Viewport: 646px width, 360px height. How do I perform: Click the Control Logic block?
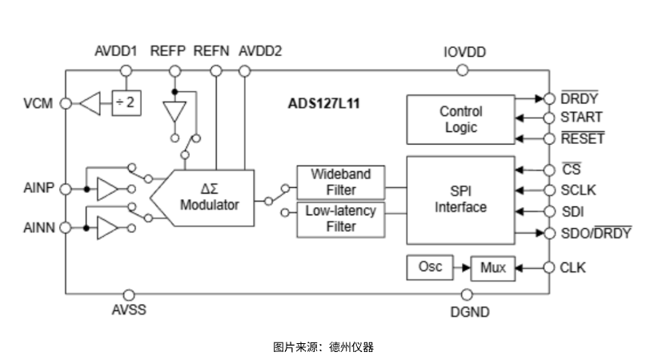460,119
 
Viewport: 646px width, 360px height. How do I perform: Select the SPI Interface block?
460,199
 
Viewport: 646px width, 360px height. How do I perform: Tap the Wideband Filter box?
339,182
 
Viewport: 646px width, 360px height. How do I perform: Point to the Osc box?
430,266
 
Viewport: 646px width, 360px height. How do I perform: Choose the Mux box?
493,268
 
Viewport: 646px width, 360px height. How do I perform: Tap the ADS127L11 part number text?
324,103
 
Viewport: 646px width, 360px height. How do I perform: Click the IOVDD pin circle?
463,70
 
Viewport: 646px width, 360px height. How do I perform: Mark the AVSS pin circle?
128,294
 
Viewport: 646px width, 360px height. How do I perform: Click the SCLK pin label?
578,190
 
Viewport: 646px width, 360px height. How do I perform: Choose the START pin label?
581,118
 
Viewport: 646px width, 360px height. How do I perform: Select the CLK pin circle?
549,268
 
